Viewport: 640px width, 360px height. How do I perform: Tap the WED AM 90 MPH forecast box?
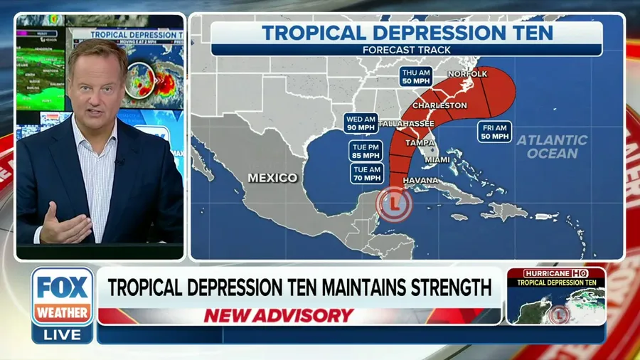(361, 123)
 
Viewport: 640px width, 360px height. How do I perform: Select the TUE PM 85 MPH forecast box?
(366, 151)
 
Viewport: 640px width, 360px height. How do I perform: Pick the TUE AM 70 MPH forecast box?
(366, 173)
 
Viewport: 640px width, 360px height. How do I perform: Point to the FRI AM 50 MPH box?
(494, 131)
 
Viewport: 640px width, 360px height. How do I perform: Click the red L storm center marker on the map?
(394, 203)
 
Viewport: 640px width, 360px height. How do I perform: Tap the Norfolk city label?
(466, 74)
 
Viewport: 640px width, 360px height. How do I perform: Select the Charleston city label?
(439, 105)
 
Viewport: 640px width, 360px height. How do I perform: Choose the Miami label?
(438, 159)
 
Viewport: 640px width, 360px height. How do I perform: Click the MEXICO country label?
(272, 177)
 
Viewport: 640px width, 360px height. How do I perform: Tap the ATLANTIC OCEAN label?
(552, 147)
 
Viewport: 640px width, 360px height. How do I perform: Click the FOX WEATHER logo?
(63, 296)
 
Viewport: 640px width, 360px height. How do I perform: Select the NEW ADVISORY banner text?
(278, 315)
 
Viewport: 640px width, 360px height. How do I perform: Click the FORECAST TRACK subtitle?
(407, 50)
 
